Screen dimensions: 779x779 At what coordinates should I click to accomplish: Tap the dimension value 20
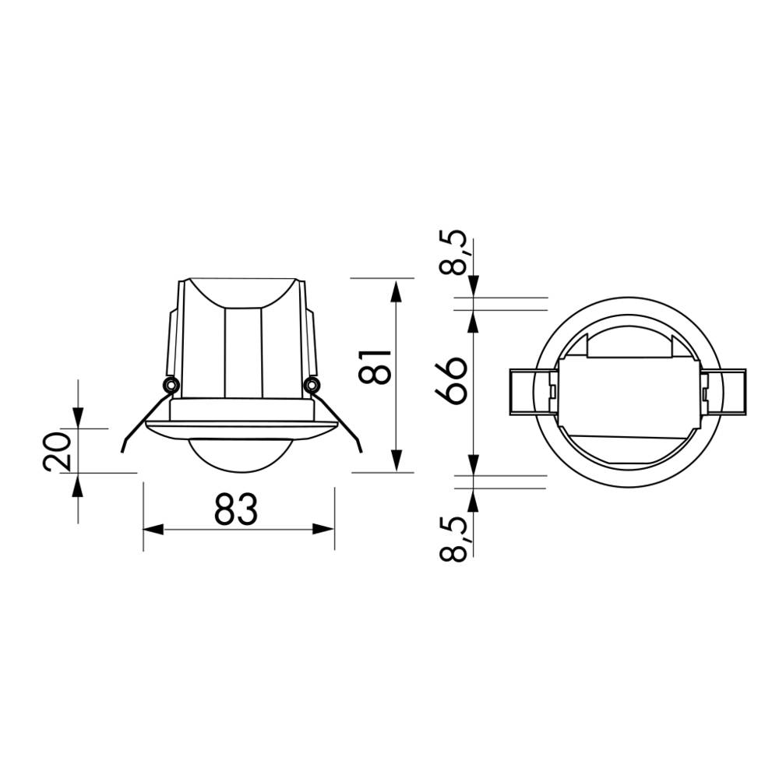(x=58, y=451)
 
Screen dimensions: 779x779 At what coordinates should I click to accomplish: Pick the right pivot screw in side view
(x=312, y=384)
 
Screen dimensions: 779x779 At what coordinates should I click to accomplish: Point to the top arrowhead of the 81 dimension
(x=397, y=291)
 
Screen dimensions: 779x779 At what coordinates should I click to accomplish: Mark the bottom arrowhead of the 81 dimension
(x=397, y=460)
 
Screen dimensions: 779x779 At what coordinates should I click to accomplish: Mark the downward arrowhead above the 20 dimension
(x=77, y=418)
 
